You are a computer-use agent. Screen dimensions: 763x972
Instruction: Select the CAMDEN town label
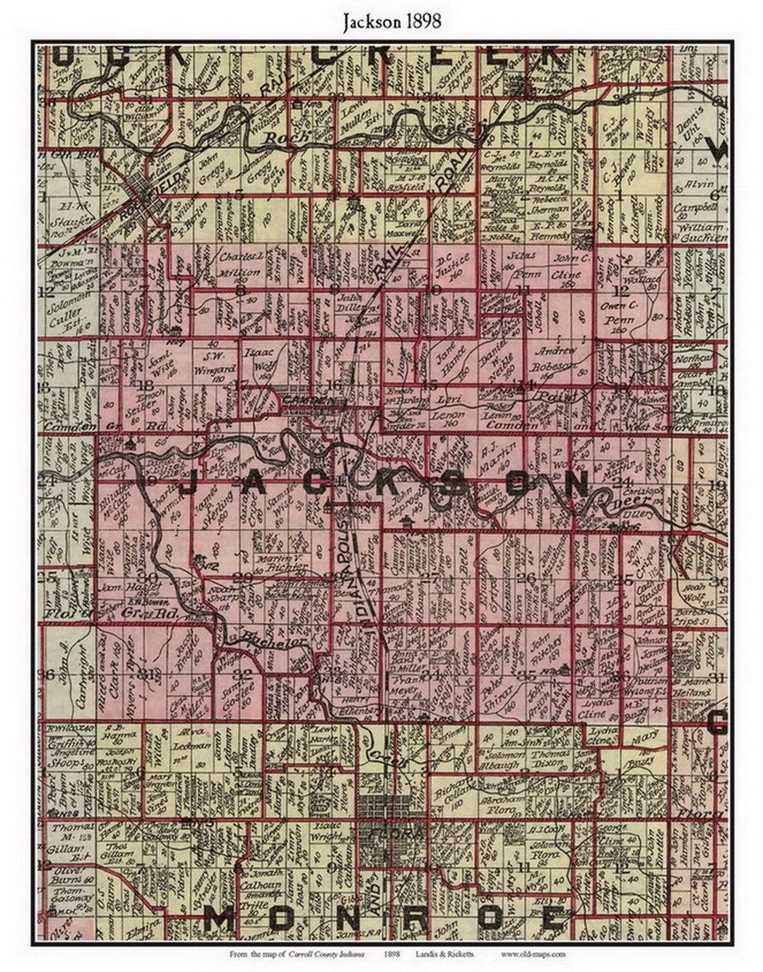click(x=305, y=400)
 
